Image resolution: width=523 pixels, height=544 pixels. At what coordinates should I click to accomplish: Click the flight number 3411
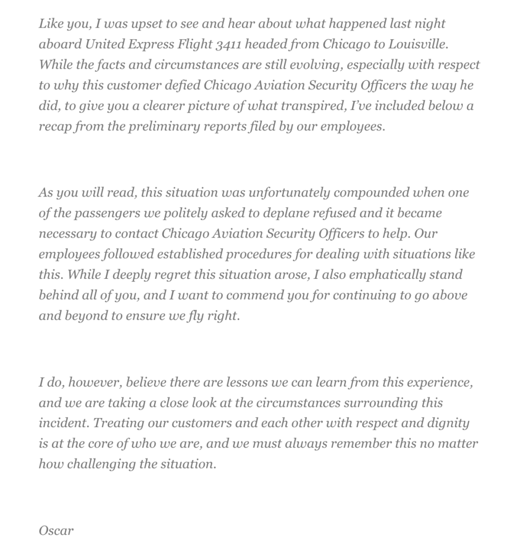229,44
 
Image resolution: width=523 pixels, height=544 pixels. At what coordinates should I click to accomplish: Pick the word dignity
448,423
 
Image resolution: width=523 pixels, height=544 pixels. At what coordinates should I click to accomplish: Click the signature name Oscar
56,530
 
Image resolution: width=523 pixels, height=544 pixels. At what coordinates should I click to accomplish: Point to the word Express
140,44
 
